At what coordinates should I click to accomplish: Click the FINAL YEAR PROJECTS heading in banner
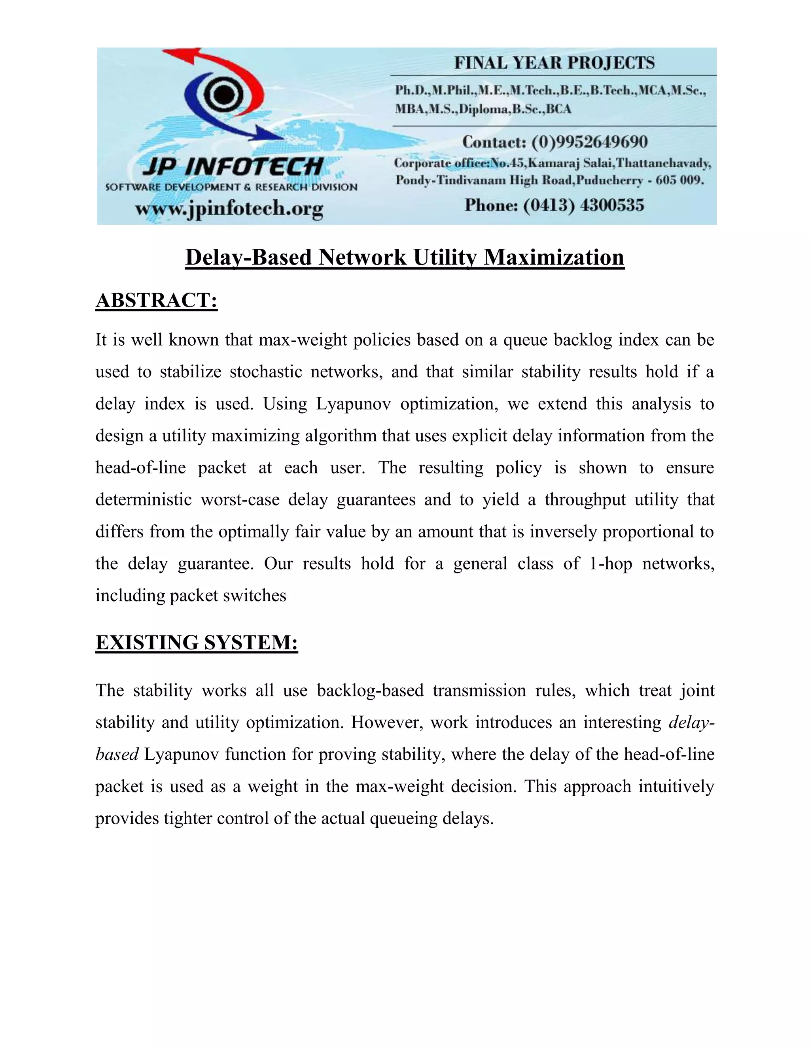[x=554, y=63]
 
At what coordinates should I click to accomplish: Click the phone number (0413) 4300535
[x=583, y=205]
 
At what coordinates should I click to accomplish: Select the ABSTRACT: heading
[x=157, y=301]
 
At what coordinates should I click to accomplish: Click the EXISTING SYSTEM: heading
[x=197, y=643]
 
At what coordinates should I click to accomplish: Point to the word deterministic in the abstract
[x=144, y=500]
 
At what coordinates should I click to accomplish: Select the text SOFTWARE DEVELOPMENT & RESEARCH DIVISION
[x=231, y=187]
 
